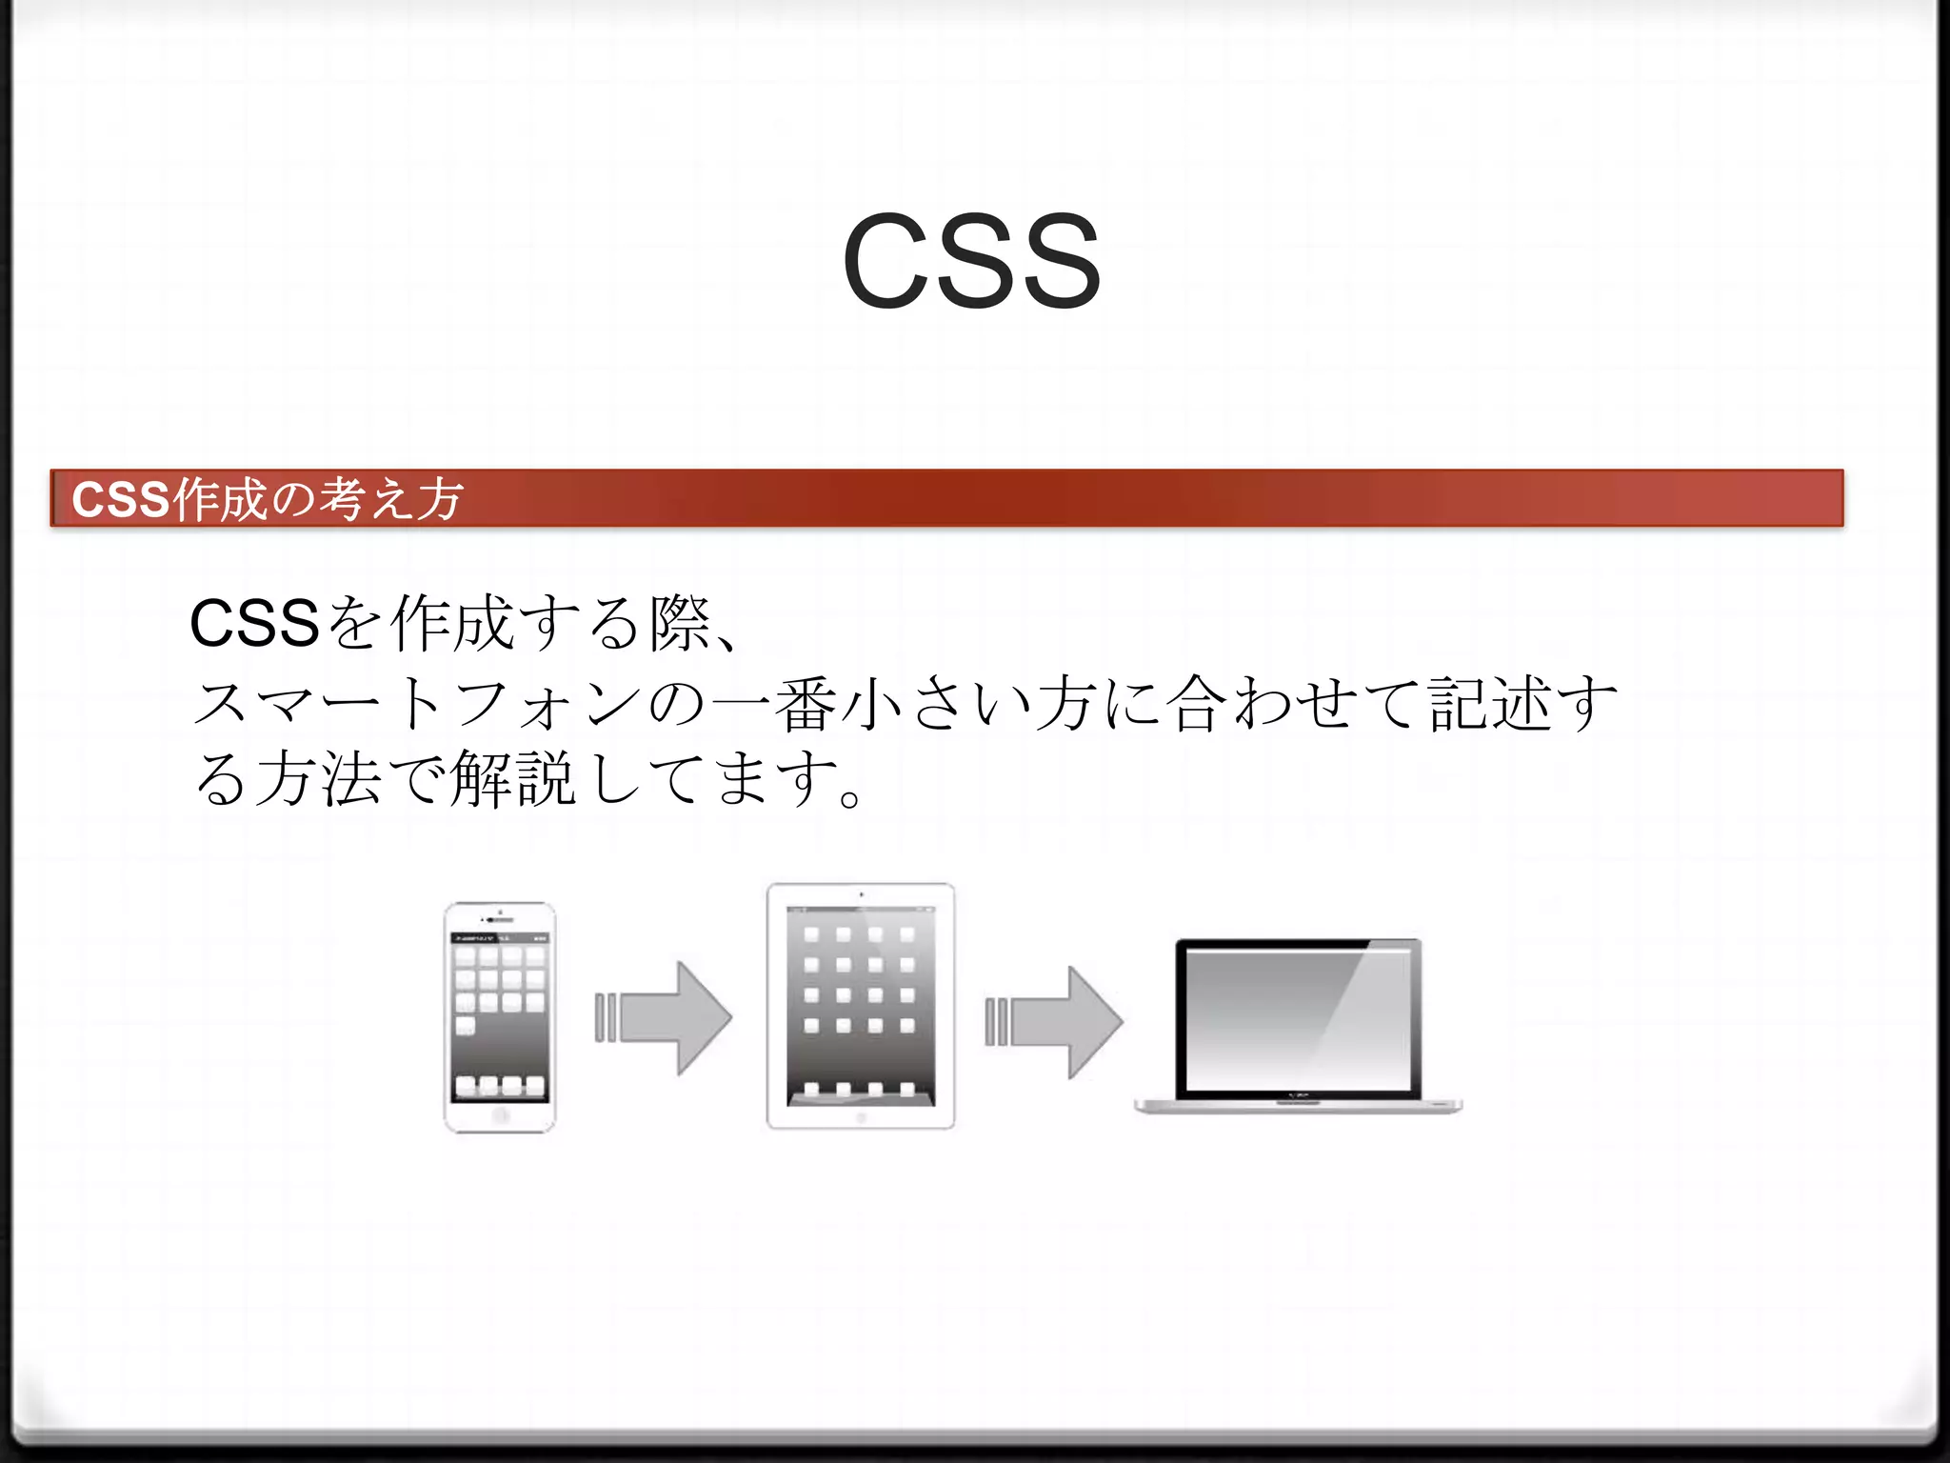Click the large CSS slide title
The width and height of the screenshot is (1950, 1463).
tap(971, 261)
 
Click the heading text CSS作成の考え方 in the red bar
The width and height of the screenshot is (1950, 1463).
tap(268, 498)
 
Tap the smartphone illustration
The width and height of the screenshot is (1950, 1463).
tap(500, 1017)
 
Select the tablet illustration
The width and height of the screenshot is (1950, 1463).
tap(860, 1006)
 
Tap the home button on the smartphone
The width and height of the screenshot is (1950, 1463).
tap(501, 1115)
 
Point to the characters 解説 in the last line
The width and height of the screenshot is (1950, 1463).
tap(512, 779)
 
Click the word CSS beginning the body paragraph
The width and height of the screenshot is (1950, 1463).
tap(254, 624)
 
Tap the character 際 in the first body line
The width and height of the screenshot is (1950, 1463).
tap(680, 624)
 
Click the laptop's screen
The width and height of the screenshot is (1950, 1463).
tap(1298, 1017)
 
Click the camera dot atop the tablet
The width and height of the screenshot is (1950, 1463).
tap(861, 894)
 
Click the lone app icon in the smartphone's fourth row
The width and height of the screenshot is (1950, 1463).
tap(465, 1026)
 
